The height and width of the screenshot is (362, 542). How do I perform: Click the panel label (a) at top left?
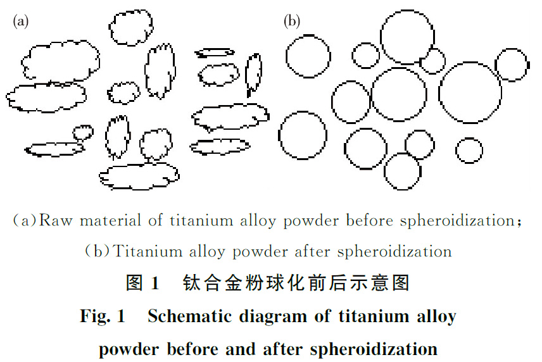[21, 22]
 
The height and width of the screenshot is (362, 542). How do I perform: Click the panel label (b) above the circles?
[291, 22]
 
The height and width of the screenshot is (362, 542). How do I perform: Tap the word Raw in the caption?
[57, 222]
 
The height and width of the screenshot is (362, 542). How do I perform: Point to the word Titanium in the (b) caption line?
[145, 251]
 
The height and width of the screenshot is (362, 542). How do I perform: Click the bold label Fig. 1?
[103, 316]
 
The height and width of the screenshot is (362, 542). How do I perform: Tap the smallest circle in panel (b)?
[469, 150]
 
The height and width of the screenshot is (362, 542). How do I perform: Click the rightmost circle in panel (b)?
[511, 65]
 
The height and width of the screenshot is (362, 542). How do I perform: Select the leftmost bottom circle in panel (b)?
[303, 135]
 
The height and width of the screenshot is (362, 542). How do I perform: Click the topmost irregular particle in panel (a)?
[130, 27]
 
